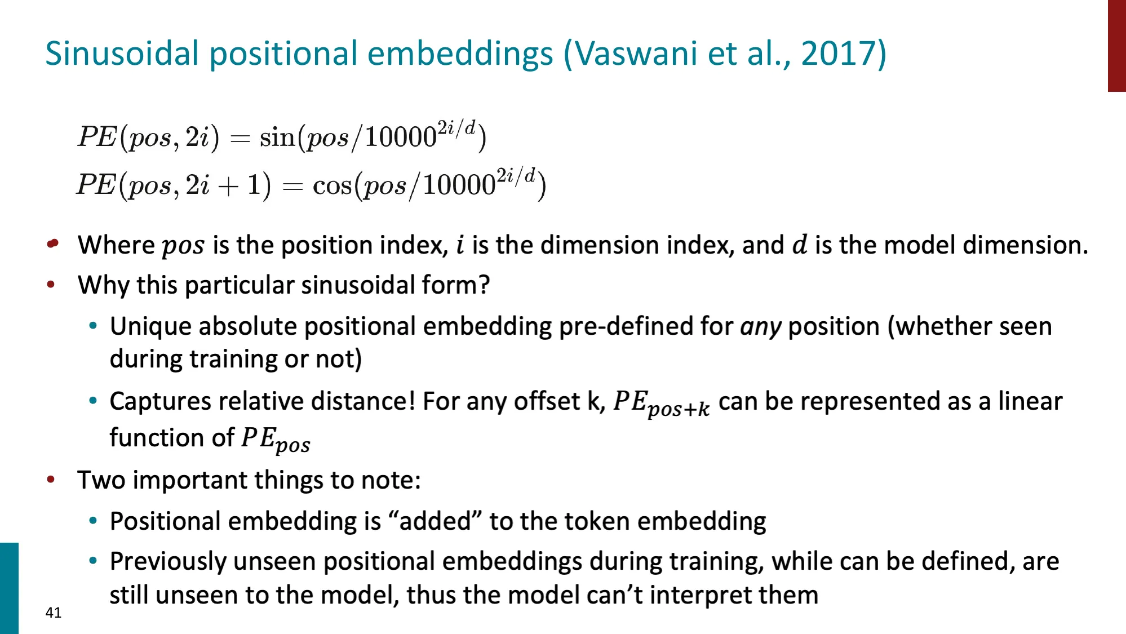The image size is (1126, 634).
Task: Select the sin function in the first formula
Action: point(277,138)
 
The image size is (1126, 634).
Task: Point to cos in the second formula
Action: point(332,185)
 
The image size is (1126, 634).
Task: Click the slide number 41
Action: point(54,613)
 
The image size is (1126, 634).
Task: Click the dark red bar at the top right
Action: point(1116,45)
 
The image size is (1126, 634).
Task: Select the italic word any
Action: point(760,327)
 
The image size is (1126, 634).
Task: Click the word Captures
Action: point(161,401)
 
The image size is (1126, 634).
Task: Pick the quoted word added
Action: point(435,521)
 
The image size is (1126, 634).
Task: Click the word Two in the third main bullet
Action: point(101,480)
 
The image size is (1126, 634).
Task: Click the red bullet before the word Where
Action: point(52,243)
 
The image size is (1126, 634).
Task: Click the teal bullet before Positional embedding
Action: point(93,521)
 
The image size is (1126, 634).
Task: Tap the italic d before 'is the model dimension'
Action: point(800,245)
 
